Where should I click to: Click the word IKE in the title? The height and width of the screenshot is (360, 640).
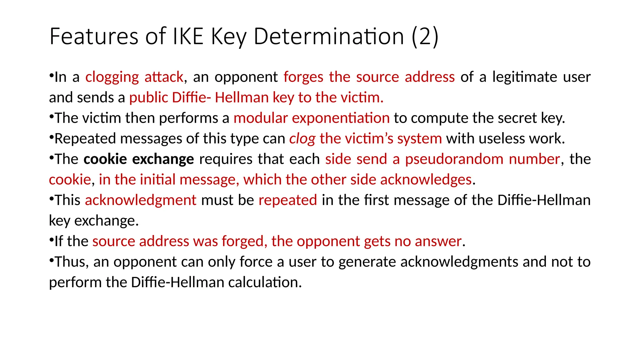[188, 37]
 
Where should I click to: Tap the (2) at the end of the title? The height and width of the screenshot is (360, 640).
[425, 37]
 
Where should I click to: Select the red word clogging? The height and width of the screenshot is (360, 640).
[112, 77]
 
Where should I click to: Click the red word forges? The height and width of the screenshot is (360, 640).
[303, 77]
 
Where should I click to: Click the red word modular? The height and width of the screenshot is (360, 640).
[260, 118]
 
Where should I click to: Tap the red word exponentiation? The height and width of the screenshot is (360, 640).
[341, 118]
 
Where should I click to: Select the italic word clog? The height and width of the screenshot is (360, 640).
[302, 139]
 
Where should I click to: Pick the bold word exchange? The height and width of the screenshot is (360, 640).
[163, 159]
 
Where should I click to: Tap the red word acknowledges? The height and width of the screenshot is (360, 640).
[426, 180]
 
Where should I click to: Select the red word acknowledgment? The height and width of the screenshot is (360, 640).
[140, 200]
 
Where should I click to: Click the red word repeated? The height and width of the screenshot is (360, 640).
[287, 200]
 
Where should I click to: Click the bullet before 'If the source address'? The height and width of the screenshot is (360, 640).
[52, 240]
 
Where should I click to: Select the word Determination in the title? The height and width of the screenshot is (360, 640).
[329, 37]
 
